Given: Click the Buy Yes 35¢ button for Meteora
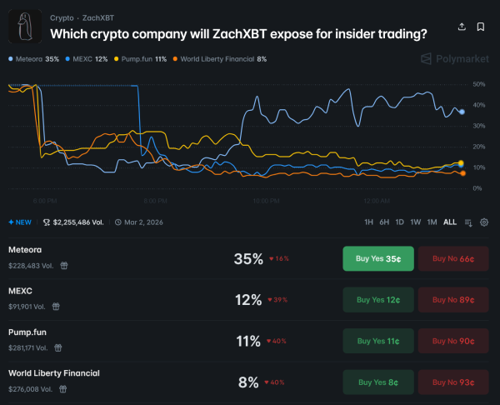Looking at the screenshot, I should (377, 259).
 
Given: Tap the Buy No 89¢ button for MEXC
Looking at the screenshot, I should (452, 299).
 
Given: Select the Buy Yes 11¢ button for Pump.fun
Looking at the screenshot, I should (377, 340).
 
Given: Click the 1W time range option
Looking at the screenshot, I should (415, 222).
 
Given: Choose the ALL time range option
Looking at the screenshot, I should (450, 222).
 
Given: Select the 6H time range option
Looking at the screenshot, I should (384, 222).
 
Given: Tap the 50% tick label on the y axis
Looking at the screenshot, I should (478, 84).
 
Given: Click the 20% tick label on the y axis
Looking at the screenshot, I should (478, 147).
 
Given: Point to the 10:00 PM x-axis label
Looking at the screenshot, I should (265, 201).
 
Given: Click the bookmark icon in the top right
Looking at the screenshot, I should (481, 27).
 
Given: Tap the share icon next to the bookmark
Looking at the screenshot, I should (462, 27).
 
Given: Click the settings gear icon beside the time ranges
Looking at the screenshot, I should (485, 222).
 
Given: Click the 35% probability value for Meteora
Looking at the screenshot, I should (248, 259).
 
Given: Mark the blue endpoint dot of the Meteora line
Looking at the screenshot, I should (462, 112).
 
